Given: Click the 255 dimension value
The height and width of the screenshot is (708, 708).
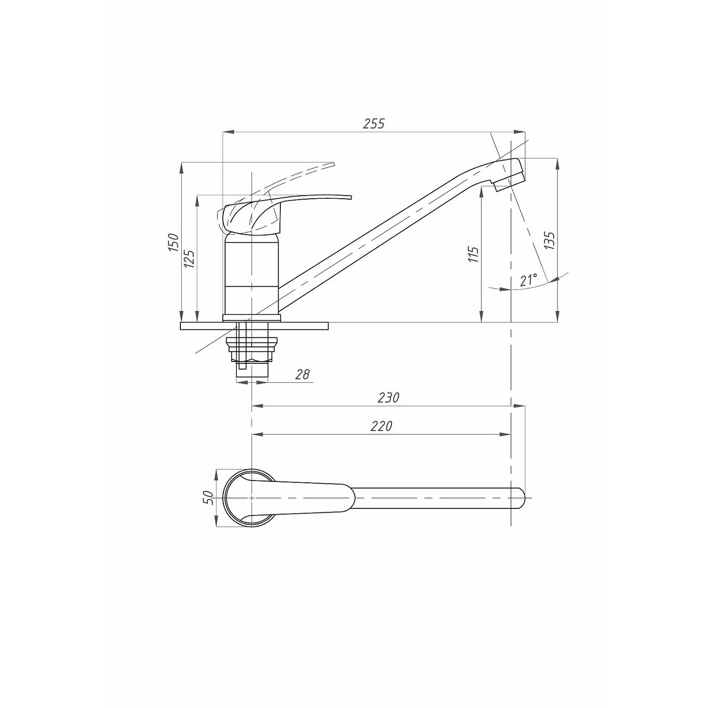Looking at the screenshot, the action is [374, 124].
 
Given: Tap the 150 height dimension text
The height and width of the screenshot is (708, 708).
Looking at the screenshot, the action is [174, 242].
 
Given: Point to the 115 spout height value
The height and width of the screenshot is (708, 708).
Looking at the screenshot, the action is [474, 254].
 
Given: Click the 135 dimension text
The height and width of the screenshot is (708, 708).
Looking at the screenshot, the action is [550, 241].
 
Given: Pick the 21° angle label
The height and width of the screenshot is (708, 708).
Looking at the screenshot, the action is [529, 280].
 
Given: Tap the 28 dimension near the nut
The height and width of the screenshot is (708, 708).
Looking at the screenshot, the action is [303, 374].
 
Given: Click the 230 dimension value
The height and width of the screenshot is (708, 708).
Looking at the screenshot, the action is [388, 397].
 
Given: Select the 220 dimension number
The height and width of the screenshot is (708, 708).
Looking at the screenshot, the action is [381, 426].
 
